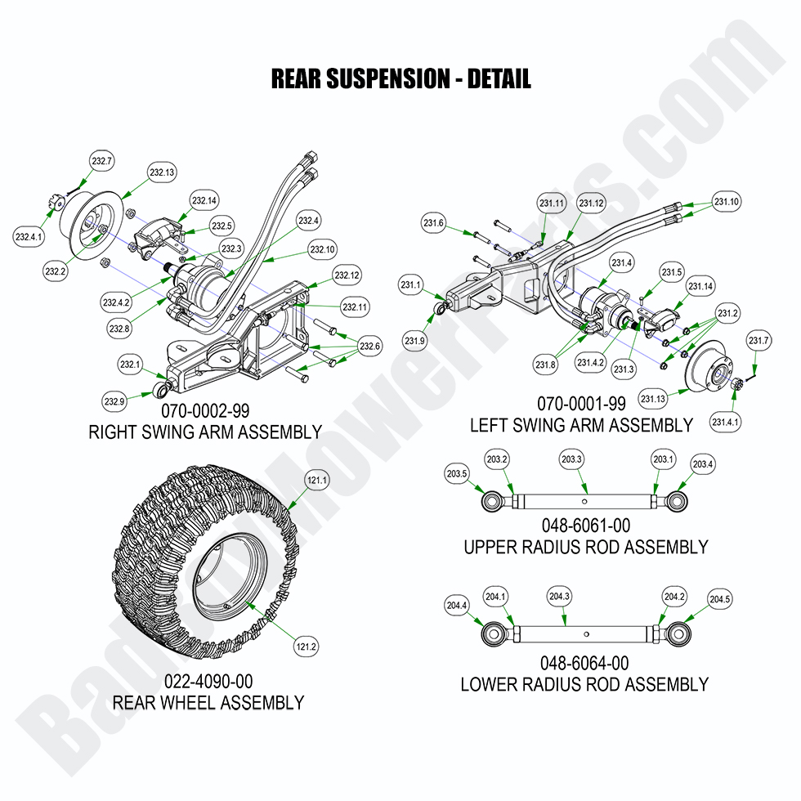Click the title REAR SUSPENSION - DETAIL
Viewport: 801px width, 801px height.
[x=400, y=78]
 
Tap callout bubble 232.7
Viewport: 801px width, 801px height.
[x=102, y=162]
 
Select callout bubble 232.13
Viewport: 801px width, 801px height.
[x=162, y=172]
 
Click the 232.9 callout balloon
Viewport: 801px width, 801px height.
[x=114, y=400]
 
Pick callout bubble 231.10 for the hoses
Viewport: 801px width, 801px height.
[x=726, y=202]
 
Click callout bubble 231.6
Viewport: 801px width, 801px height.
[x=433, y=223]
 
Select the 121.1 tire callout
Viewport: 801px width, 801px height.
[x=316, y=481]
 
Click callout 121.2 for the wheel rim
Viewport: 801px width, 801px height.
[x=306, y=647]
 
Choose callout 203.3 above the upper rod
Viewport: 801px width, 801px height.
[x=571, y=459]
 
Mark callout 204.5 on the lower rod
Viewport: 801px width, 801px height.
[x=718, y=600]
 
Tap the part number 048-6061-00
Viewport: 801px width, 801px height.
[x=585, y=525]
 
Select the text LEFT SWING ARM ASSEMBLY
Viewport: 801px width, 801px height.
[x=580, y=425]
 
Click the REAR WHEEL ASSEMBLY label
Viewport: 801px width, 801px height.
[x=208, y=702]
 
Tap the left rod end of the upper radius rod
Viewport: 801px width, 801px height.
[x=494, y=499]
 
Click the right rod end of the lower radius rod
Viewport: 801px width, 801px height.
[x=678, y=633]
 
